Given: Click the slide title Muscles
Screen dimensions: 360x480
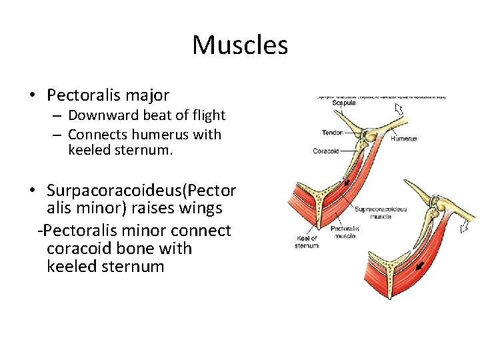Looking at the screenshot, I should pyautogui.click(x=240, y=45).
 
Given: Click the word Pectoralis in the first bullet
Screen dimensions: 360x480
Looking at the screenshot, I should pyautogui.click(x=80, y=95).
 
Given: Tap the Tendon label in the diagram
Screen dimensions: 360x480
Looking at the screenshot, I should pyautogui.click(x=332, y=133).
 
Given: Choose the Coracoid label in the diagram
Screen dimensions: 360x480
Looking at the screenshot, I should pyautogui.click(x=327, y=151).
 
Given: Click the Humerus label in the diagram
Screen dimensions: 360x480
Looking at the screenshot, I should pyautogui.click(x=403, y=139).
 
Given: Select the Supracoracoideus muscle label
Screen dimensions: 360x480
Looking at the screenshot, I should pyautogui.click(x=381, y=213).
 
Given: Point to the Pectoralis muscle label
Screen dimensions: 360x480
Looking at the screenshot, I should pyautogui.click(x=345, y=232).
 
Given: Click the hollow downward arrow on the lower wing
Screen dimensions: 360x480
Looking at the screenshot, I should pyautogui.click(x=464, y=228).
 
